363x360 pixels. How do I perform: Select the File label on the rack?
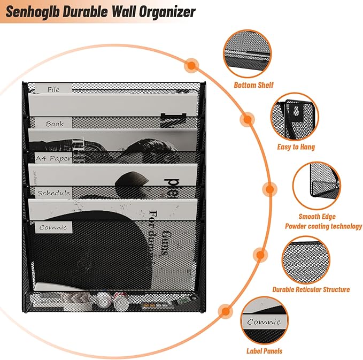pos(53,89)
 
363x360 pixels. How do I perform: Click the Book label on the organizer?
pos(55,124)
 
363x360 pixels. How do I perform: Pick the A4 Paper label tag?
pos(53,158)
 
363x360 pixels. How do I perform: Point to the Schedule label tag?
pos(53,193)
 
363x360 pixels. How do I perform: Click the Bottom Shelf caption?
pos(253,85)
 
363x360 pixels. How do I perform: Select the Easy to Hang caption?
pos(296,147)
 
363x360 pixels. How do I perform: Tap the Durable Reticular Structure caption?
pos(311,289)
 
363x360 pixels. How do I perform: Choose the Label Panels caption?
pos(265,351)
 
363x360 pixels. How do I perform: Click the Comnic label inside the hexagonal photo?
pos(264,322)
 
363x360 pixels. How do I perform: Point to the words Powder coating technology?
pos(322,226)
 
